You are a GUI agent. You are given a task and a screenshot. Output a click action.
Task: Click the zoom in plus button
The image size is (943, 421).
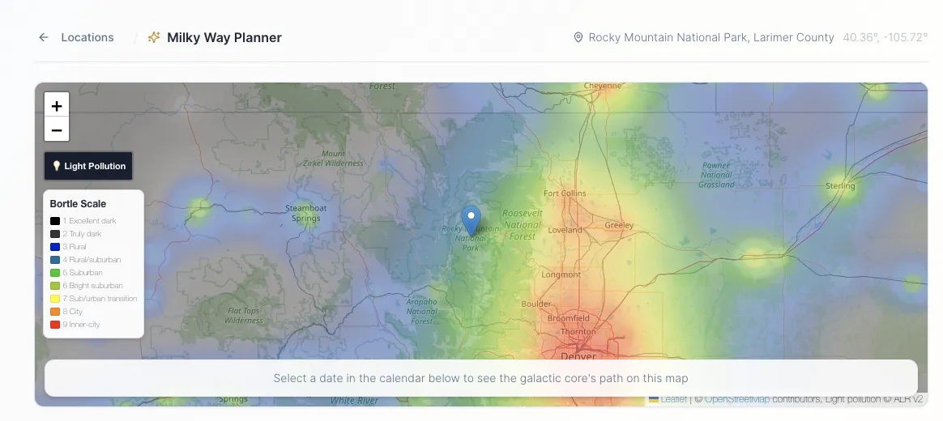(57, 105)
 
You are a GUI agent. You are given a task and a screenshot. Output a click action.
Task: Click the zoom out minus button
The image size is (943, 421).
(57, 130)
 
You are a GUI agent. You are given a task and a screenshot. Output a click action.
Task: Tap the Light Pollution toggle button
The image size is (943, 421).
(88, 166)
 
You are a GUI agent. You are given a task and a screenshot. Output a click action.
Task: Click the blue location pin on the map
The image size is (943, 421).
(471, 219)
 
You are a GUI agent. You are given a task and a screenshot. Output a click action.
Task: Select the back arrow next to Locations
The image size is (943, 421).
(44, 37)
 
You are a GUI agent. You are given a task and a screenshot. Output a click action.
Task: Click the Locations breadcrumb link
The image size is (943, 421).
(87, 37)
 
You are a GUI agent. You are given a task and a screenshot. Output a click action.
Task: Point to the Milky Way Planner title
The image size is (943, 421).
(224, 37)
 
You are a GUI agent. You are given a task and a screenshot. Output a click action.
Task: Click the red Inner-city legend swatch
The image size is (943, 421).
(55, 325)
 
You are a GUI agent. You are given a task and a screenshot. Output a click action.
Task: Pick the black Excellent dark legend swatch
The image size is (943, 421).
(55, 221)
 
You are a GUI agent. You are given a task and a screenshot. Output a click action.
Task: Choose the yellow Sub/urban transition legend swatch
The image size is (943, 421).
(55, 299)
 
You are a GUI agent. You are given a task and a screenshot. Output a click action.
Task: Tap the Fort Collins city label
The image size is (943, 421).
(565, 193)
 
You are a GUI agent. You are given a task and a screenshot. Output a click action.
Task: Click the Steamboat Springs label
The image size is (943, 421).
(307, 213)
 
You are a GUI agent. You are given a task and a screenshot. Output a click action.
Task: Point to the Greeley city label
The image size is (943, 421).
(619, 225)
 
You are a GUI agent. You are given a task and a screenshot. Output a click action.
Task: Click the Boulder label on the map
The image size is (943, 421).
(536, 304)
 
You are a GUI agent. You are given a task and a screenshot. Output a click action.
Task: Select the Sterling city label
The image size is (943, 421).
(840, 186)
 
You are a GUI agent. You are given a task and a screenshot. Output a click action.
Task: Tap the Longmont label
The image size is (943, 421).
(561, 274)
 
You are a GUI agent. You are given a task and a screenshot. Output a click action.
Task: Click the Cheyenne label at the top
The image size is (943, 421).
(602, 86)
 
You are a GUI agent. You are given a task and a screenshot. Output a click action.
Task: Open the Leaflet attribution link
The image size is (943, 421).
(672, 399)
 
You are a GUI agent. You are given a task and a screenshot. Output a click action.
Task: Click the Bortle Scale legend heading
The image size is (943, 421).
(78, 204)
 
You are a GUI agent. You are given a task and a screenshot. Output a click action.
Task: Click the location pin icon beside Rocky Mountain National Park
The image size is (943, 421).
(578, 37)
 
